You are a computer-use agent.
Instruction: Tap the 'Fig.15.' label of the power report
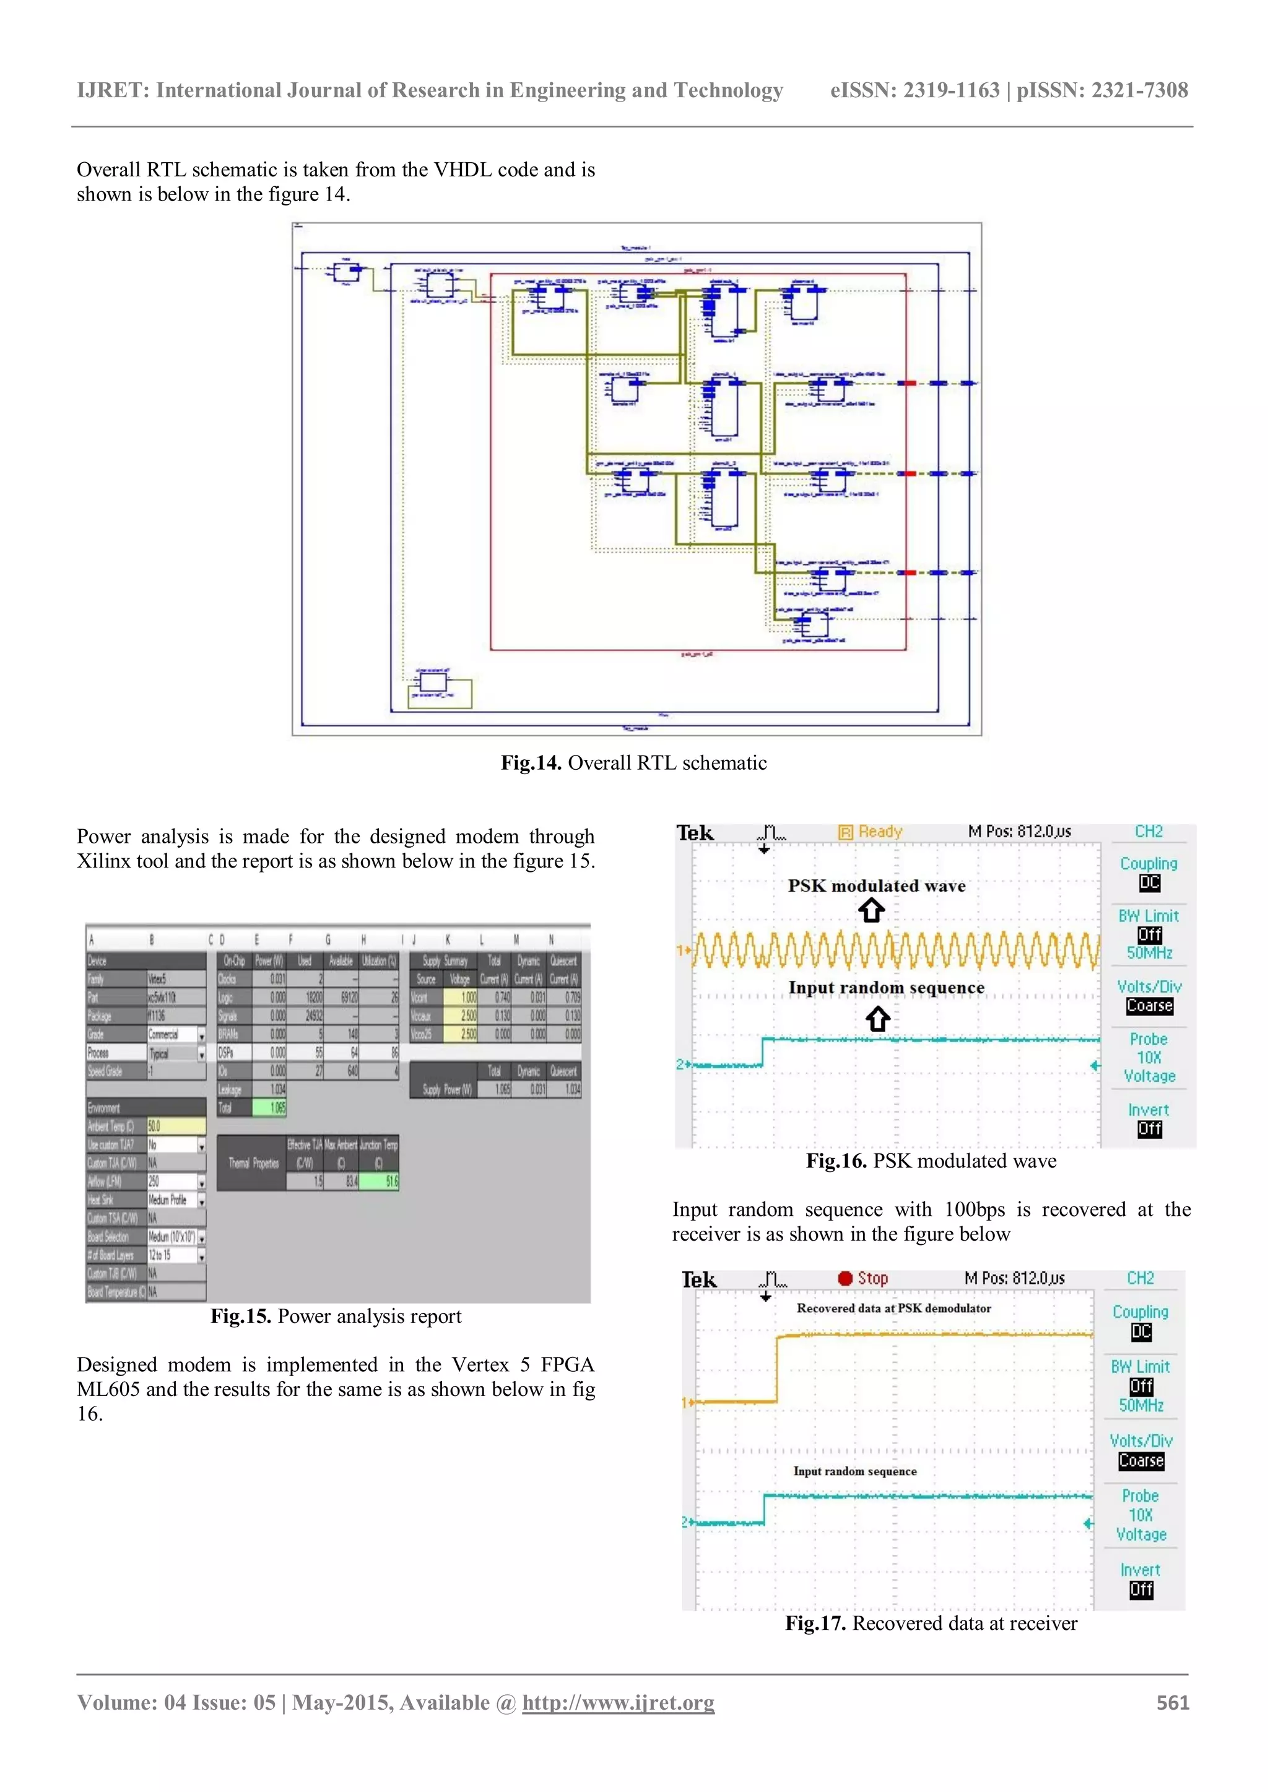tap(240, 1316)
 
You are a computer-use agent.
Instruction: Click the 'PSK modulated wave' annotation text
tap(876, 886)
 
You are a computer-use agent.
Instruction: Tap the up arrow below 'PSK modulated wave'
tap(871, 910)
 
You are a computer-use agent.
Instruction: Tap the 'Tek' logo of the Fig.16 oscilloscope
tap(695, 833)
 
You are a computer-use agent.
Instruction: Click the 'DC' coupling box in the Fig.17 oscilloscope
tap(1140, 1332)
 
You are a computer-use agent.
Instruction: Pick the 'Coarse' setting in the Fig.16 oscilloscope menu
tap(1149, 1006)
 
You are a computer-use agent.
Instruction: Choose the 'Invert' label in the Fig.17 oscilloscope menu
tap(1140, 1570)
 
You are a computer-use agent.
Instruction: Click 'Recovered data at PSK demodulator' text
tap(893, 1308)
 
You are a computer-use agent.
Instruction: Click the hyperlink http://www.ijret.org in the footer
tap(618, 1702)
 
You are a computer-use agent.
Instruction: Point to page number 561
tap(1173, 1702)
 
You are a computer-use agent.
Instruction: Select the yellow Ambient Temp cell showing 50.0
tap(176, 1126)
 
